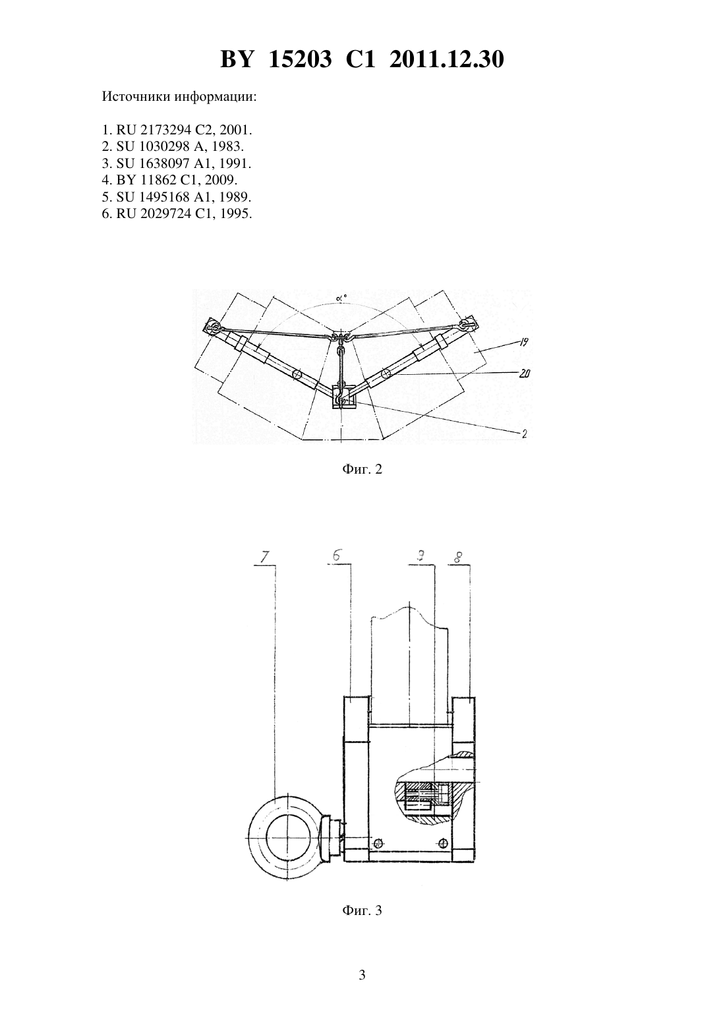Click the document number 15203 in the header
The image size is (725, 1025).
(x=300, y=59)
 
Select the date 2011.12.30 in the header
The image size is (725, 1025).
(x=447, y=59)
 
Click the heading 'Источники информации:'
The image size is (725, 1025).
(x=179, y=97)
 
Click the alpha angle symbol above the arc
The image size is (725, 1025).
(x=341, y=298)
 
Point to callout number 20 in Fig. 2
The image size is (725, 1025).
(x=524, y=374)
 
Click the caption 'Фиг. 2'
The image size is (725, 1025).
(x=362, y=469)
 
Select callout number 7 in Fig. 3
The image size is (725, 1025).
(x=264, y=557)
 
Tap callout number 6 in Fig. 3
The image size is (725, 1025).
(x=336, y=556)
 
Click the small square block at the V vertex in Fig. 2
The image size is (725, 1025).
(x=341, y=397)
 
